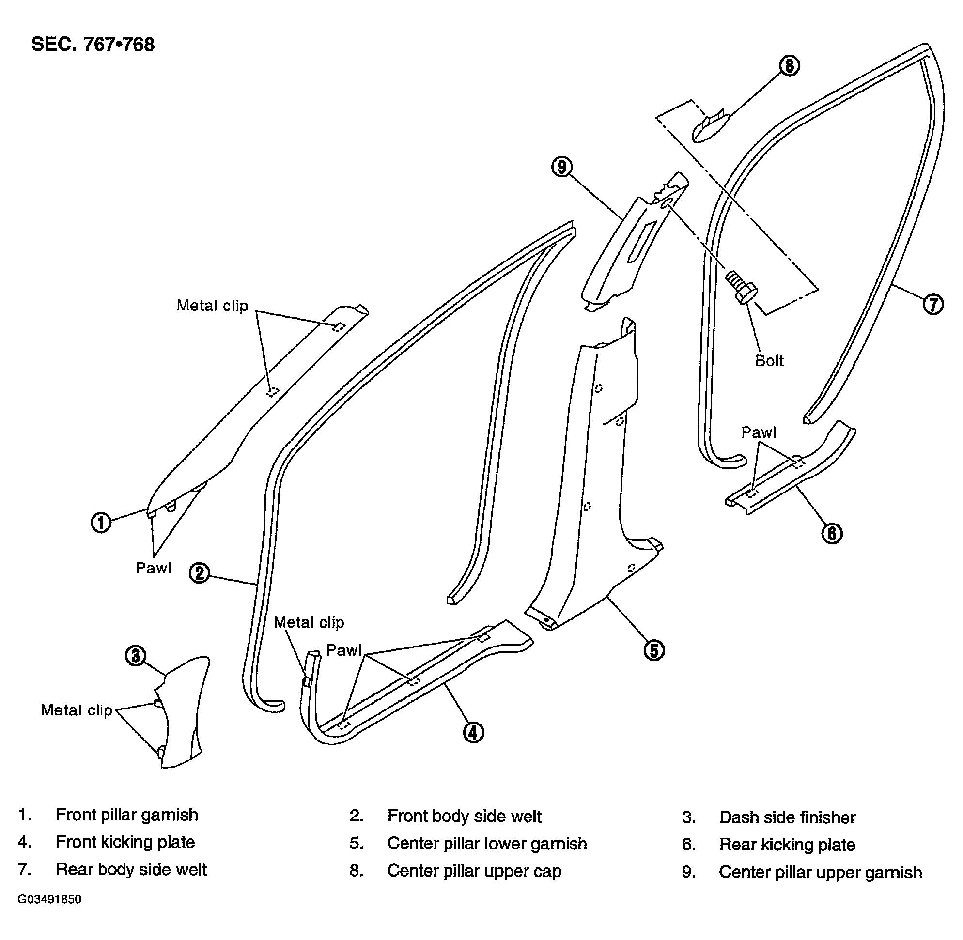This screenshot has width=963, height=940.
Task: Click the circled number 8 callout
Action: pos(789,66)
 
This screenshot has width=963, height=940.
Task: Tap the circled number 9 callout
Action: pos(561,167)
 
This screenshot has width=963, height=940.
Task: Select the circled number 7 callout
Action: pos(933,304)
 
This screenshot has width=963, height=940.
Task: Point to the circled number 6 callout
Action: pos(832,533)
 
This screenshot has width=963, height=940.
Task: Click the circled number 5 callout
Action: pos(654,650)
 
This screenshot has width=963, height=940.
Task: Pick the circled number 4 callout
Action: pos(473,732)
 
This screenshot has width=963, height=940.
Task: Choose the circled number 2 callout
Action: pos(200,573)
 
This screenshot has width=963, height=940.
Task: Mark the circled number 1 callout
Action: pos(101,523)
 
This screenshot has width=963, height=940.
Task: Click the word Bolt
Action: pos(769,360)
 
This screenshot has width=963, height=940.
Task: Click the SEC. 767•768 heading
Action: pos(93,45)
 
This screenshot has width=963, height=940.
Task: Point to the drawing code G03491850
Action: pos(49,899)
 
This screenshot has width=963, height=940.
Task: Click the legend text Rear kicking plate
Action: pos(787,845)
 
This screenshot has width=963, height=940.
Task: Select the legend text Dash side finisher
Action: pos(788,817)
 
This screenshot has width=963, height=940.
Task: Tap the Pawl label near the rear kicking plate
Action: pos(759,432)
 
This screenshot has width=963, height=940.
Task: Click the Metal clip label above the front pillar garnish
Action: pos(212,306)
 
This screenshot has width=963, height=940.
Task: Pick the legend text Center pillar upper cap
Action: pos(475,871)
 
